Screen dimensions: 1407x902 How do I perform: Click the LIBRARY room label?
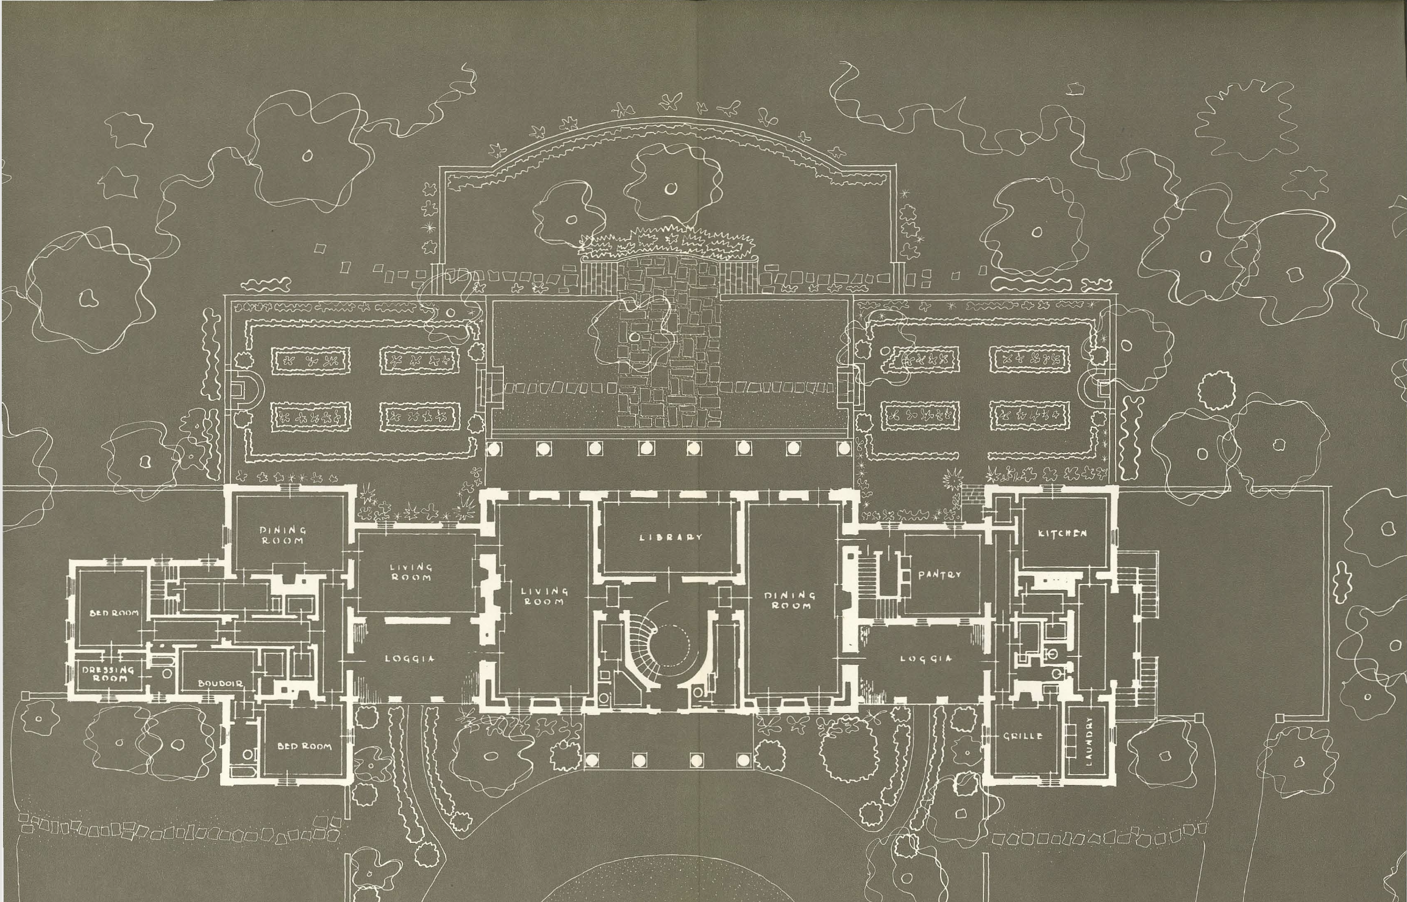(671, 538)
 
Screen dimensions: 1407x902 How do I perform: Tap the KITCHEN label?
(1062, 534)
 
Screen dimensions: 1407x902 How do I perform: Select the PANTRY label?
(939, 575)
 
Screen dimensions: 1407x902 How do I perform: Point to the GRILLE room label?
(1022, 736)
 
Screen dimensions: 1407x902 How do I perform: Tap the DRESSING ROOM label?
(109, 673)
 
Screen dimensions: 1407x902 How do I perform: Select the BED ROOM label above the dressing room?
(115, 613)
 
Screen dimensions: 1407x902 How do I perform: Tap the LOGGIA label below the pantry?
(925, 658)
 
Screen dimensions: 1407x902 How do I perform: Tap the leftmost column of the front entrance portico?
(590, 760)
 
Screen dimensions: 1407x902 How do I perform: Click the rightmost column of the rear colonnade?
(844, 449)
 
